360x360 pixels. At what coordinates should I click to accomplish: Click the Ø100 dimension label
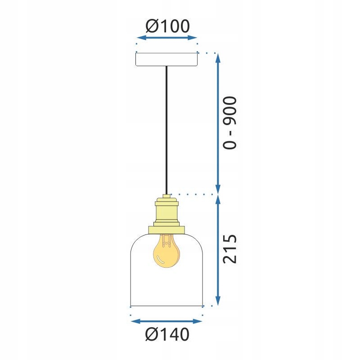pos(167,26)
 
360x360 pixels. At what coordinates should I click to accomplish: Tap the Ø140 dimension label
pos(167,334)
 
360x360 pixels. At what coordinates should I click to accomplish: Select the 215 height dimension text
pos(229,249)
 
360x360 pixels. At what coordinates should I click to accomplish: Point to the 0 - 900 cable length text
pos(229,123)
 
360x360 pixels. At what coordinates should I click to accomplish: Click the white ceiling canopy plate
pos(166,59)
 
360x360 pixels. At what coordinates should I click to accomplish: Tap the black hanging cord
pos(166,130)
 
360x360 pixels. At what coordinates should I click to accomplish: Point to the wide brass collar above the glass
pos(166,230)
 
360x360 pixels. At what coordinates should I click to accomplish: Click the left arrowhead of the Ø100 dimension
pos(141,38)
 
